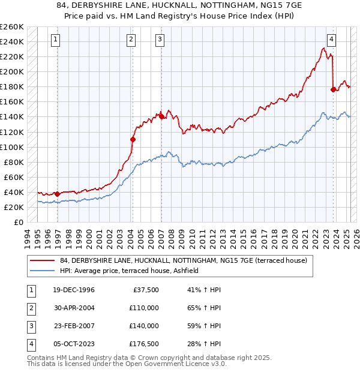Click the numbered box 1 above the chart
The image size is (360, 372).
(55, 40)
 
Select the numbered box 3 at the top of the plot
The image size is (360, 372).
(160, 40)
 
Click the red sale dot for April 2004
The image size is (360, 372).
(133, 139)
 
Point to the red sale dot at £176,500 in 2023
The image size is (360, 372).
(333, 89)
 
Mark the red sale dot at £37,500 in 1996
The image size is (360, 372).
(57, 194)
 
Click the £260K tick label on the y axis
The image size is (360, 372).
(12, 27)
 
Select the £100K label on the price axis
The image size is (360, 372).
(12, 147)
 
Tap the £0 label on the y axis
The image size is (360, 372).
(18, 222)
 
